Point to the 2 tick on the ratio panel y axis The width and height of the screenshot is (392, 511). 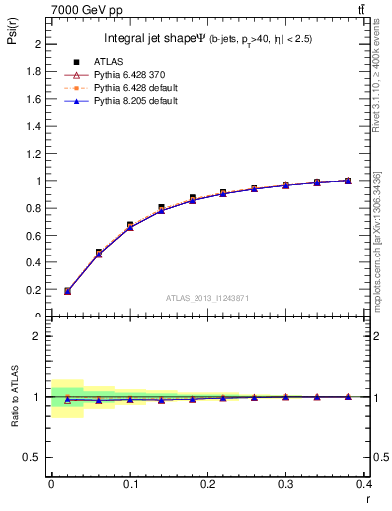[39, 336]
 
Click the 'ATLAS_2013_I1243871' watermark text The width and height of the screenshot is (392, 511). [206, 299]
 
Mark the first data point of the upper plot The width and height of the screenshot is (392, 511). [67, 291]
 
